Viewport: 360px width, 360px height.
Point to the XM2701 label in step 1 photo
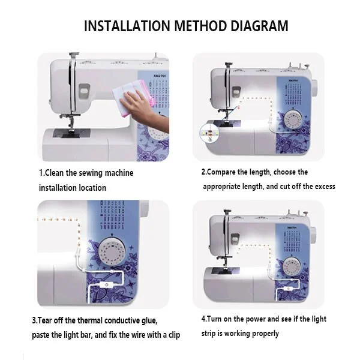pyautogui.click(x=145, y=76)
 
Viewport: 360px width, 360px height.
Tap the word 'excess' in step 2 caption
pyautogui.click(x=323, y=187)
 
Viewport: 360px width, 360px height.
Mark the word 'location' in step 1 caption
pyautogui.click(x=91, y=188)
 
